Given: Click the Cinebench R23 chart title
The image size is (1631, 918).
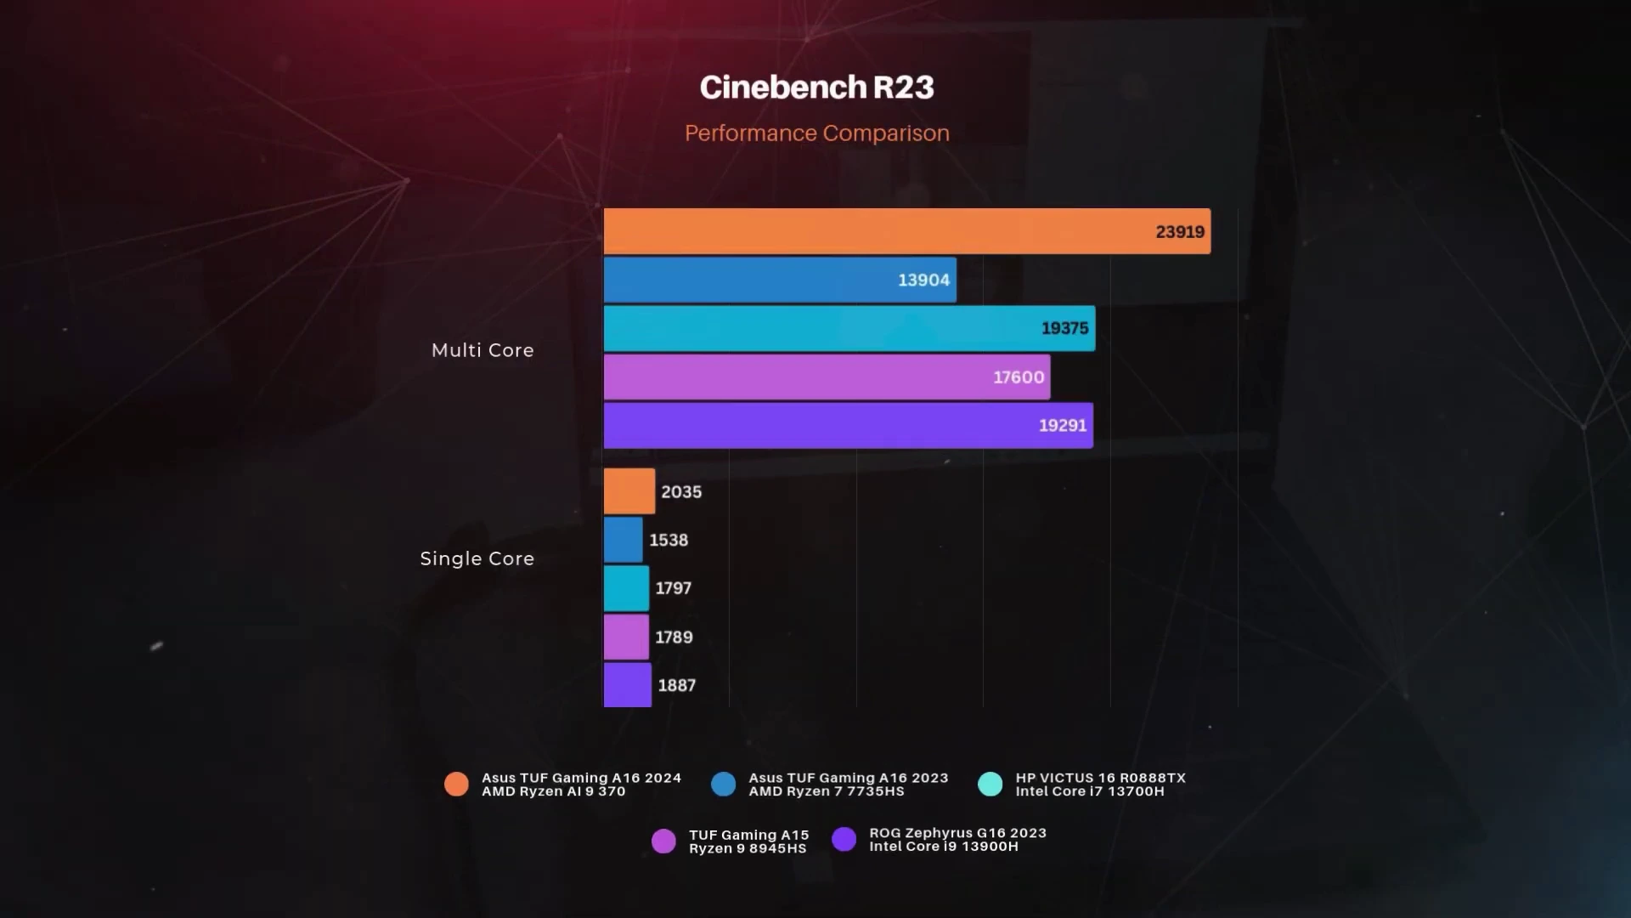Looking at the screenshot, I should [816, 88].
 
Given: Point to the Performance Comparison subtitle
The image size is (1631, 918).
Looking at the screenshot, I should [816, 133].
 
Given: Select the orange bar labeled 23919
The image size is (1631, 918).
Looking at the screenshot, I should [906, 231].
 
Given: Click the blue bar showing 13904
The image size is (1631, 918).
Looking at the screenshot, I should [779, 280].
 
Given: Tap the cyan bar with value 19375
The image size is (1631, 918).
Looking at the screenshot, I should [849, 328].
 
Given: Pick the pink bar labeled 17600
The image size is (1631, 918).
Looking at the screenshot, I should [827, 377].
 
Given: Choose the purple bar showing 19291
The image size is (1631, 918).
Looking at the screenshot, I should [848, 425].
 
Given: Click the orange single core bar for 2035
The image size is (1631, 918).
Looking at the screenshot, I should [629, 491].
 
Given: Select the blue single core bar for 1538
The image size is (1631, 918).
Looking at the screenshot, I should [623, 540].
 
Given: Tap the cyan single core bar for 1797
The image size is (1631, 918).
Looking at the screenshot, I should [626, 588].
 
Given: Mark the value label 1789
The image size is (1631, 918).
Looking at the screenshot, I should [674, 637].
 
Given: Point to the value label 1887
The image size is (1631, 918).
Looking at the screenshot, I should [676, 685].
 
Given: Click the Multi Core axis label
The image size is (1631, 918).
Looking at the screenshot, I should [483, 350].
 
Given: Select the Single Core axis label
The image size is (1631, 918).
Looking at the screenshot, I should [477, 558].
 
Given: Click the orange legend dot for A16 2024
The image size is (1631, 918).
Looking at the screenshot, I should [456, 784].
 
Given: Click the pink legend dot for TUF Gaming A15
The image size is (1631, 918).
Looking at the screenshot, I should [663, 841].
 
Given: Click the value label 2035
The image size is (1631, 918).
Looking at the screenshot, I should [681, 491].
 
